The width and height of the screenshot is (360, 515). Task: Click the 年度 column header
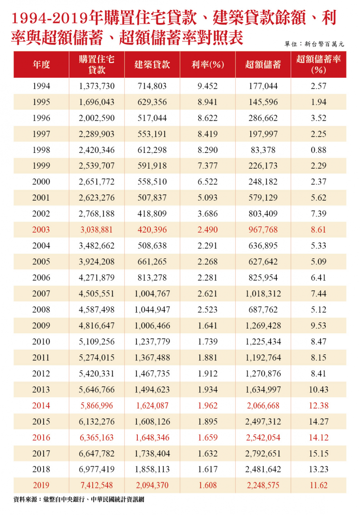tap(41, 64)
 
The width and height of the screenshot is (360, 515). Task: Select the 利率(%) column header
tap(207, 64)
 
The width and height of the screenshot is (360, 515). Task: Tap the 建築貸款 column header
tap(152, 64)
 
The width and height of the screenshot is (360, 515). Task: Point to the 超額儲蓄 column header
tap(263, 64)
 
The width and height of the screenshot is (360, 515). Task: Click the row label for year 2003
tap(41, 230)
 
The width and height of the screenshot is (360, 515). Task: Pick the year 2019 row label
tap(41, 485)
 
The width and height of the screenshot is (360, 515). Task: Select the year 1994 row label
tap(41, 86)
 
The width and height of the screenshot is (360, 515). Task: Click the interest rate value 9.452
tap(207, 86)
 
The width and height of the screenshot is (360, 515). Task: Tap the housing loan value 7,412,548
tap(97, 485)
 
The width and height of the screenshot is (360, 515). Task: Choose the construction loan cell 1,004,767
tap(152, 294)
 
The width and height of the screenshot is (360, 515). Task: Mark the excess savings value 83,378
tap(263, 150)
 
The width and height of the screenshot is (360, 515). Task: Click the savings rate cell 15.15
tap(319, 453)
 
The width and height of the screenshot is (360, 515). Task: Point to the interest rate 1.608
tap(207, 485)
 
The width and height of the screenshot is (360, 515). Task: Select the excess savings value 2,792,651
tap(263, 453)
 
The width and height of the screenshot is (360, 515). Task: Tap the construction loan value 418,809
tap(152, 214)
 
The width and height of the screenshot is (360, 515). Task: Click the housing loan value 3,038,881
tap(97, 230)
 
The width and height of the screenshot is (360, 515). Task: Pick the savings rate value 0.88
tap(319, 150)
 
